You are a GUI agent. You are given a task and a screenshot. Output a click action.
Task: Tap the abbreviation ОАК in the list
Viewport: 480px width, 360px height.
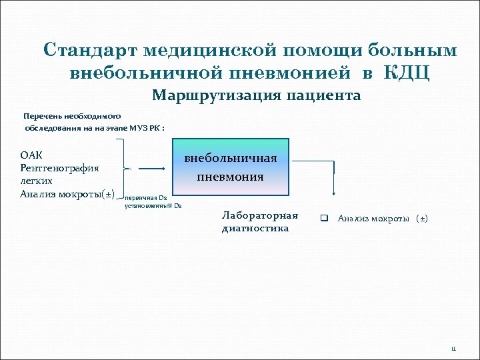coord(31,155)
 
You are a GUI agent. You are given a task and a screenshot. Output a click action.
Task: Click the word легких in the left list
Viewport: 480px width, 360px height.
coord(37,181)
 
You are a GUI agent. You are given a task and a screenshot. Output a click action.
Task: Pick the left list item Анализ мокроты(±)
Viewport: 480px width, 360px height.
coord(67,195)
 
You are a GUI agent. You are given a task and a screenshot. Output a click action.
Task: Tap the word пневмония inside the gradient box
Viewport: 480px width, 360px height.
coord(231,177)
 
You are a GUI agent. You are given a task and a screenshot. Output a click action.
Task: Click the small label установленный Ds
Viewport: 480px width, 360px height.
coord(153,206)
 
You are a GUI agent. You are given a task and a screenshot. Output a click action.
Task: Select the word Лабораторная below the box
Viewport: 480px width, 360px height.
coord(259,216)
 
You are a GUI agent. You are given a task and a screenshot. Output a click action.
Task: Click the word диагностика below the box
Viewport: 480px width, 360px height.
coord(255,228)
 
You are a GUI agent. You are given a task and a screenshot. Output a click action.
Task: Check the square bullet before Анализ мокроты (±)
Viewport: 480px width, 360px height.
coord(325,218)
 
